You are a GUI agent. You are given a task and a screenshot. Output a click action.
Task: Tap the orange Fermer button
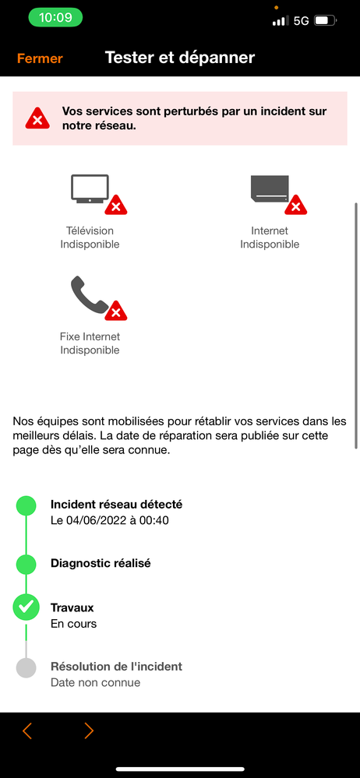tap(40, 58)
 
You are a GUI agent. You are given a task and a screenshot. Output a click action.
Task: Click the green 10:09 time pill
tap(55, 17)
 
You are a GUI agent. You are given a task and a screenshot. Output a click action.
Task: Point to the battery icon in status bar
tap(326, 21)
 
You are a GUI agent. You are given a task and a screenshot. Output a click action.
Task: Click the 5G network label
tap(302, 21)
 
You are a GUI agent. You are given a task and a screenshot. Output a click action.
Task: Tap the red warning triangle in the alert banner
tap(36, 118)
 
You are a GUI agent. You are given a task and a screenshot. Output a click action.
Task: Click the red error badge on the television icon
tap(116, 206)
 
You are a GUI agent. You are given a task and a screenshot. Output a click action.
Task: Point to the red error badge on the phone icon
tap(116, 312)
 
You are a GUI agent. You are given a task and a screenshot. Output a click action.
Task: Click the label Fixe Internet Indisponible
tap(90, 343)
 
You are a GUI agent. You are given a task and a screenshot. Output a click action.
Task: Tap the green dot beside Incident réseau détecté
tap(26, 506)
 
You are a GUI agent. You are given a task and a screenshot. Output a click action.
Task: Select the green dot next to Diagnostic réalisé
tap(26, 564)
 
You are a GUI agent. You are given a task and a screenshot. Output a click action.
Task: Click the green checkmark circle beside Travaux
tap(26, 607)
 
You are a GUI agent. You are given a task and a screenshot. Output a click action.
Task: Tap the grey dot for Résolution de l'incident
tap(26, 667)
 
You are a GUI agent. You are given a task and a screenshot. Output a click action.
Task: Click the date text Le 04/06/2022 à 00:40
tap(110, 520)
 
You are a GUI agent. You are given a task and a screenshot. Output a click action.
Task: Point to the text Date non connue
tap(95, 682)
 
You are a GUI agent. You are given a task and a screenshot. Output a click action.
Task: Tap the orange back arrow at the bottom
tap(27, 730)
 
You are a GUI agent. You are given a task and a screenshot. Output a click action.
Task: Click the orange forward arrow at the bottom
tap(88, 730)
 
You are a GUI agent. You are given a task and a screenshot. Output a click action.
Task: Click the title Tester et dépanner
tap(179, 58)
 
